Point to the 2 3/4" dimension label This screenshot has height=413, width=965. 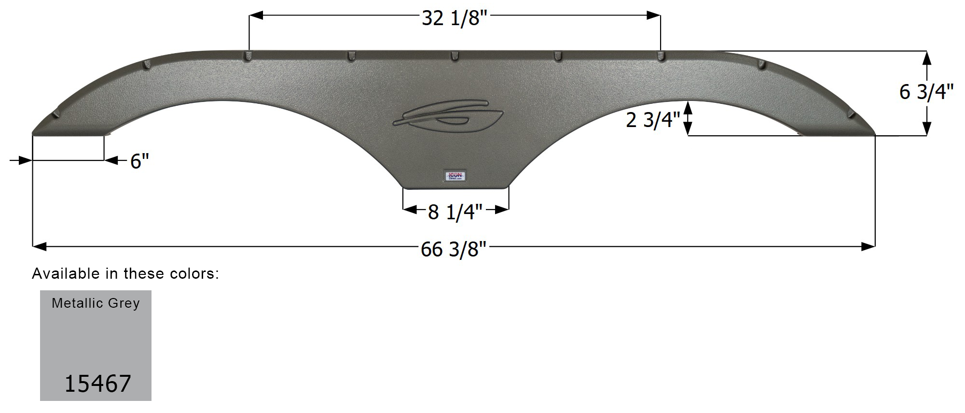tap(652, 120)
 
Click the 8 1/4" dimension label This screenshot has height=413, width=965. tap(455, 212)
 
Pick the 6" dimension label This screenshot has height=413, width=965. tap(139, 161)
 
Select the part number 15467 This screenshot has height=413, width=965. tap(97, 384)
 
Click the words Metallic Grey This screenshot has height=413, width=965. tap(96, 303)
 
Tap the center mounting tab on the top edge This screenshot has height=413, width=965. tap(454, 56)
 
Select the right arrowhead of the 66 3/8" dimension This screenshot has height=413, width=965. tap(868, 247)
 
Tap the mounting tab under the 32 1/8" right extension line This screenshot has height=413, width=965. tap(661, 56)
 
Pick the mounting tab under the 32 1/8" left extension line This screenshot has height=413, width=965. tap(248, 56)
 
